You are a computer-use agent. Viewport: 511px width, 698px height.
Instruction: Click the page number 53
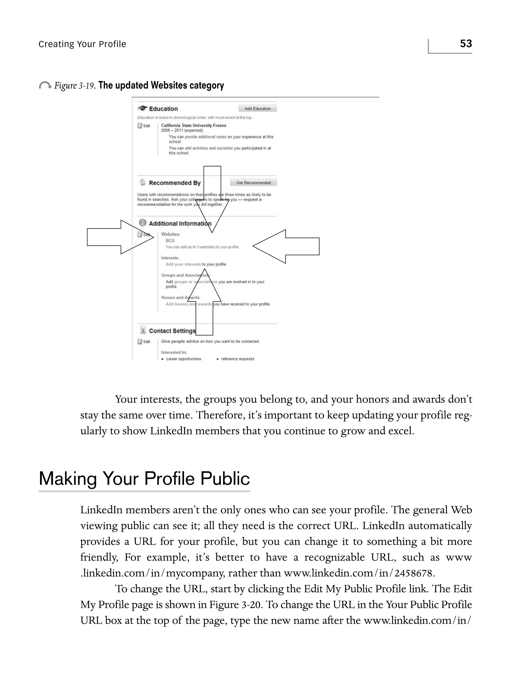[x=466, y=44]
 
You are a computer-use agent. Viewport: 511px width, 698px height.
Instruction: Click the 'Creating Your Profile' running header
[x=82, y=44]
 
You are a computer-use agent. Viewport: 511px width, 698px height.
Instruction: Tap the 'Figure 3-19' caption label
[x=74, y=85]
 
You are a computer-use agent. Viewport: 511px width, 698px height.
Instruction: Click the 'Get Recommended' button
[x=253, y=183]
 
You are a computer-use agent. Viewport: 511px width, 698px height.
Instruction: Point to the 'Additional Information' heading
[x=180, y=224]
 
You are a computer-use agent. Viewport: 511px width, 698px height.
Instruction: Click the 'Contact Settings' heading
[x=172, y=331]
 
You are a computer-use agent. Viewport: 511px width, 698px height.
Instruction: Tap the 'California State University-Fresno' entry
[x=194, y=125]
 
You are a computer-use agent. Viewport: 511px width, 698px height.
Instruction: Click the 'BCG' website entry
[x=170, y=241]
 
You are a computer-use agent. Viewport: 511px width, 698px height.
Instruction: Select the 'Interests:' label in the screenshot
[x=170, y=258]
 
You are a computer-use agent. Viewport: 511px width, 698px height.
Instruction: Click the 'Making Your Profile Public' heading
[x=144, y=478]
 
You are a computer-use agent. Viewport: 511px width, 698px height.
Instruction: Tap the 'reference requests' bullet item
[x=237, y=359]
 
